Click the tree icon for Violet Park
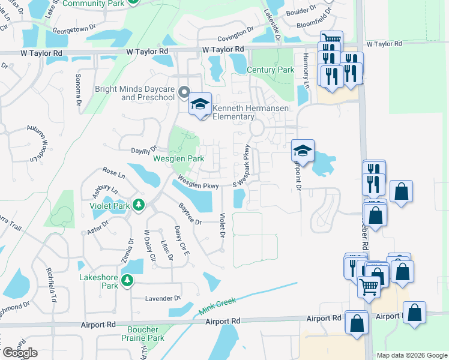coord(139,206)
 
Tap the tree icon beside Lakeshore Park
coord(127,280)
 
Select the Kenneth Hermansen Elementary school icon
coord(200,104)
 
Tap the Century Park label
coord(270,70)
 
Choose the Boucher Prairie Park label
coord(143,334)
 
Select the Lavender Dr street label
coord(163,298)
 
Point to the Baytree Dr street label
coord(191,214)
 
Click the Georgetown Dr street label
coord(74,28)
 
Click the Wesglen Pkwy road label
coord(197,183)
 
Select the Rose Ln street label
coord(113,173)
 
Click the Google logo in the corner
coord(20,353)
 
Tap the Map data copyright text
coord(411,355)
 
